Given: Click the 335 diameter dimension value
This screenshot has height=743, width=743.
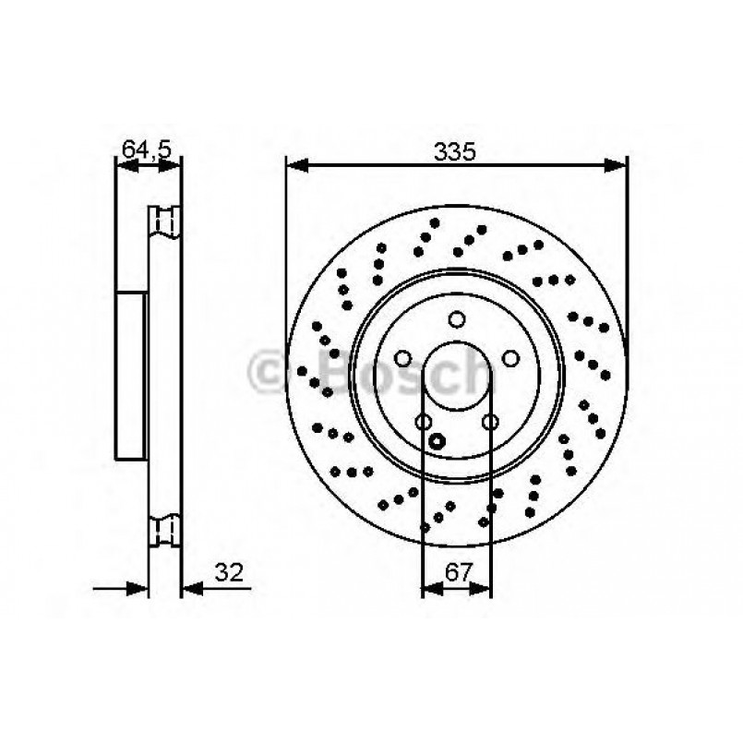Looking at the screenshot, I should pyautogui.click(x=456, y=152).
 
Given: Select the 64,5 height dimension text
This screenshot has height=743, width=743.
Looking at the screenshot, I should pyautogui.click(x=148, y=148).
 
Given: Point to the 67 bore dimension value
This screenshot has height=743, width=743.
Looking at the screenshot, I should pyautogui.click(x=456, y=573).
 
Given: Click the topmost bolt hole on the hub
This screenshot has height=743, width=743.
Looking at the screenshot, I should pyautogui.click(x=456, y=319).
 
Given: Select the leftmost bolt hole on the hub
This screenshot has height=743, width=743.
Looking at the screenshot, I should pyautogui.click(x=402, y=358).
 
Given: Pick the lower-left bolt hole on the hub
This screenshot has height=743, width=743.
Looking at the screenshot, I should pyautogui.click(x=423, y=422).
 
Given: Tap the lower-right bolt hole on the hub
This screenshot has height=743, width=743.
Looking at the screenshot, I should pyautogui.click(x=490, y=422).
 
